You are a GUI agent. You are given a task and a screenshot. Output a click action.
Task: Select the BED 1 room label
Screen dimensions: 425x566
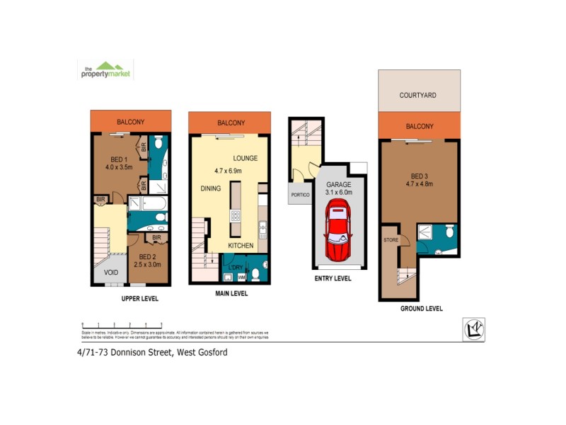(117, 159)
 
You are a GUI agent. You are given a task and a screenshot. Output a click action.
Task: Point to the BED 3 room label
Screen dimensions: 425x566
(420, 176)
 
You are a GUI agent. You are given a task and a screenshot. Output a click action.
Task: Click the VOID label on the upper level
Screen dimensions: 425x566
(110, 272)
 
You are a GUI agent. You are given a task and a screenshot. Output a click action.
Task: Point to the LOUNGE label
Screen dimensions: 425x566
(246, 158)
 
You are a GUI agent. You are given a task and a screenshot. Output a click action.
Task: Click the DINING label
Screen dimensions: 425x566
(211, 188)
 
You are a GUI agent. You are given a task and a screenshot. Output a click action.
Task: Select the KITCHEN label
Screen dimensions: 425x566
(241, 245)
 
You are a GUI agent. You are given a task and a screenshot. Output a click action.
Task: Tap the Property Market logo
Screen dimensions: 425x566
(105, 70)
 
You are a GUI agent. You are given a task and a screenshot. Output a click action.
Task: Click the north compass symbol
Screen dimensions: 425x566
(473, 329)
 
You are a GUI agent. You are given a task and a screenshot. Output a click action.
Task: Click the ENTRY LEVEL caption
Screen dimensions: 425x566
(333, 278)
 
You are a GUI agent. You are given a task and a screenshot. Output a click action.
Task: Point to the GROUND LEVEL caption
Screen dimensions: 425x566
(422, 309)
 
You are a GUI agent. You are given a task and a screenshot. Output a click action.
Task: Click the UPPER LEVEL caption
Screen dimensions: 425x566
(139, 299)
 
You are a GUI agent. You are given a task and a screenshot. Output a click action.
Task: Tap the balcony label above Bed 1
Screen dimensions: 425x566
(130, 122)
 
